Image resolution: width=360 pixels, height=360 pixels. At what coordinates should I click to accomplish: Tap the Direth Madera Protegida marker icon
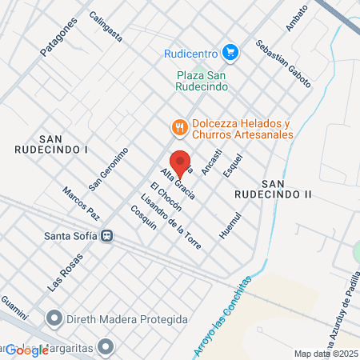54,319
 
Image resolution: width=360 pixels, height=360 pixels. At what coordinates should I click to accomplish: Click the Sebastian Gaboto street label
283,62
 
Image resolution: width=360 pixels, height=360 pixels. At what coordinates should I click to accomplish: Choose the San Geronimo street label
108,167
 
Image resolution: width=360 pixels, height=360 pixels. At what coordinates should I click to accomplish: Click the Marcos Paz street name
82,203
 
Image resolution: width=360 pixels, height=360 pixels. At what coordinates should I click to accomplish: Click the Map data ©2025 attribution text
326,354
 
